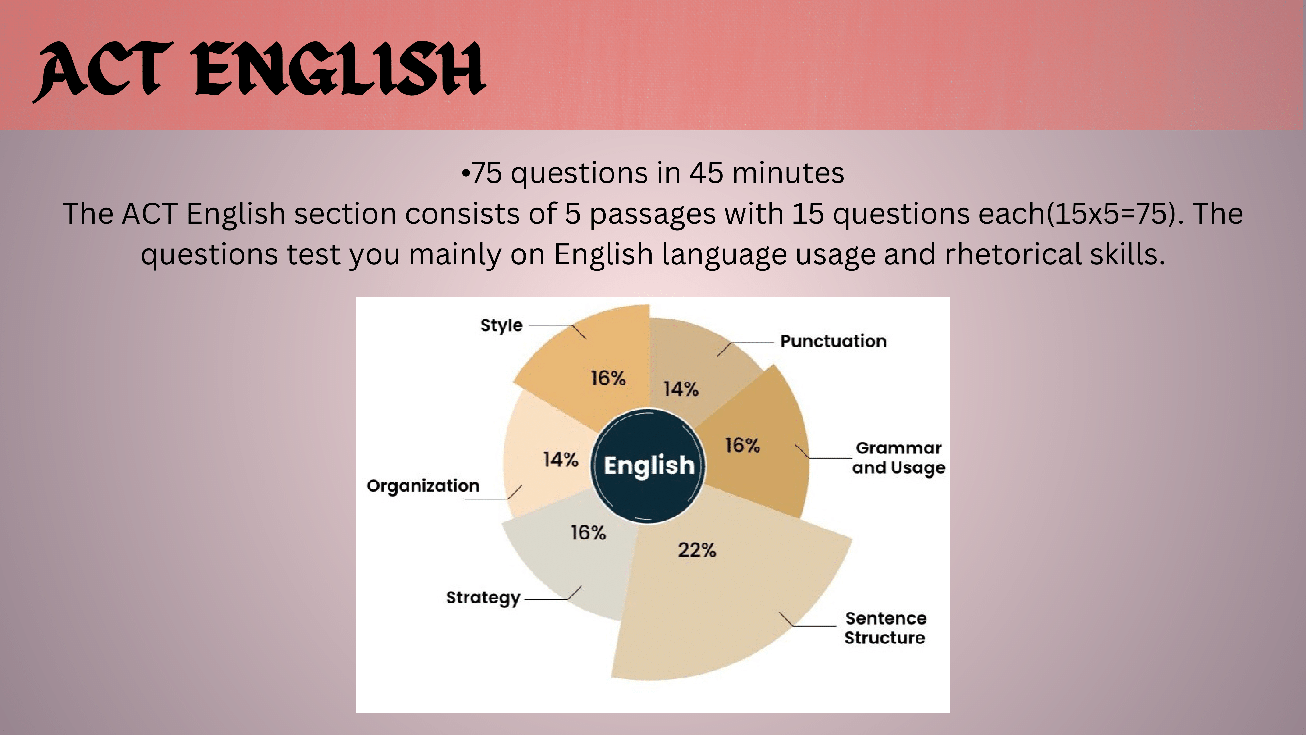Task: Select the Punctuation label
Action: (833, 341)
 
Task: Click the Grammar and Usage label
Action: (899, 458)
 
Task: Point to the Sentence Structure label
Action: (885, 628)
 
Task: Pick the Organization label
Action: (423, 486)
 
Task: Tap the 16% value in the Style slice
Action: (608, 378)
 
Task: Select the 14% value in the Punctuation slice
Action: (681, 389)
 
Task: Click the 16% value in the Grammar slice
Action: (742, 446)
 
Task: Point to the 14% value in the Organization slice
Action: (560, 460)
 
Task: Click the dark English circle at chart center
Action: (648, 465)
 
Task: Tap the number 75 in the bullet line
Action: (487, 173)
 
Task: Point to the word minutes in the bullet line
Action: (788, 173)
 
